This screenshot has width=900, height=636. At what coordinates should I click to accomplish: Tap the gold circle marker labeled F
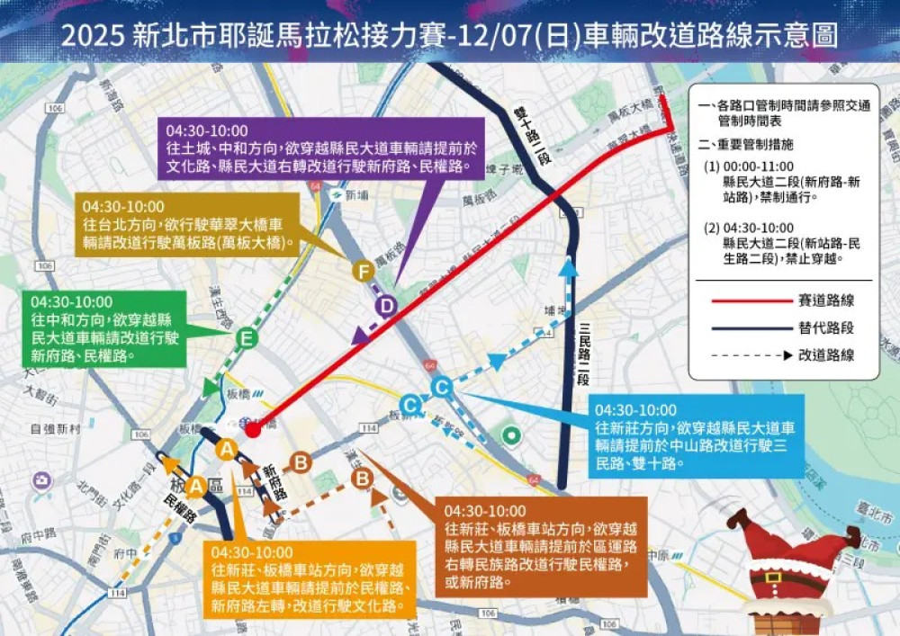pyautogui.click(x=363, y=270)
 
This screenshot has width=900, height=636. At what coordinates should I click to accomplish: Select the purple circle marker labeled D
pyautogui.click(x=386, y=307)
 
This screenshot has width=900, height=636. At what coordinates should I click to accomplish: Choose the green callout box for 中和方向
pyautogui.click(x=105, y=328)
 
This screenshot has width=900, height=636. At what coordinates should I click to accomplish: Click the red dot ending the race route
pyautogui.click(x=254, y=430)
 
